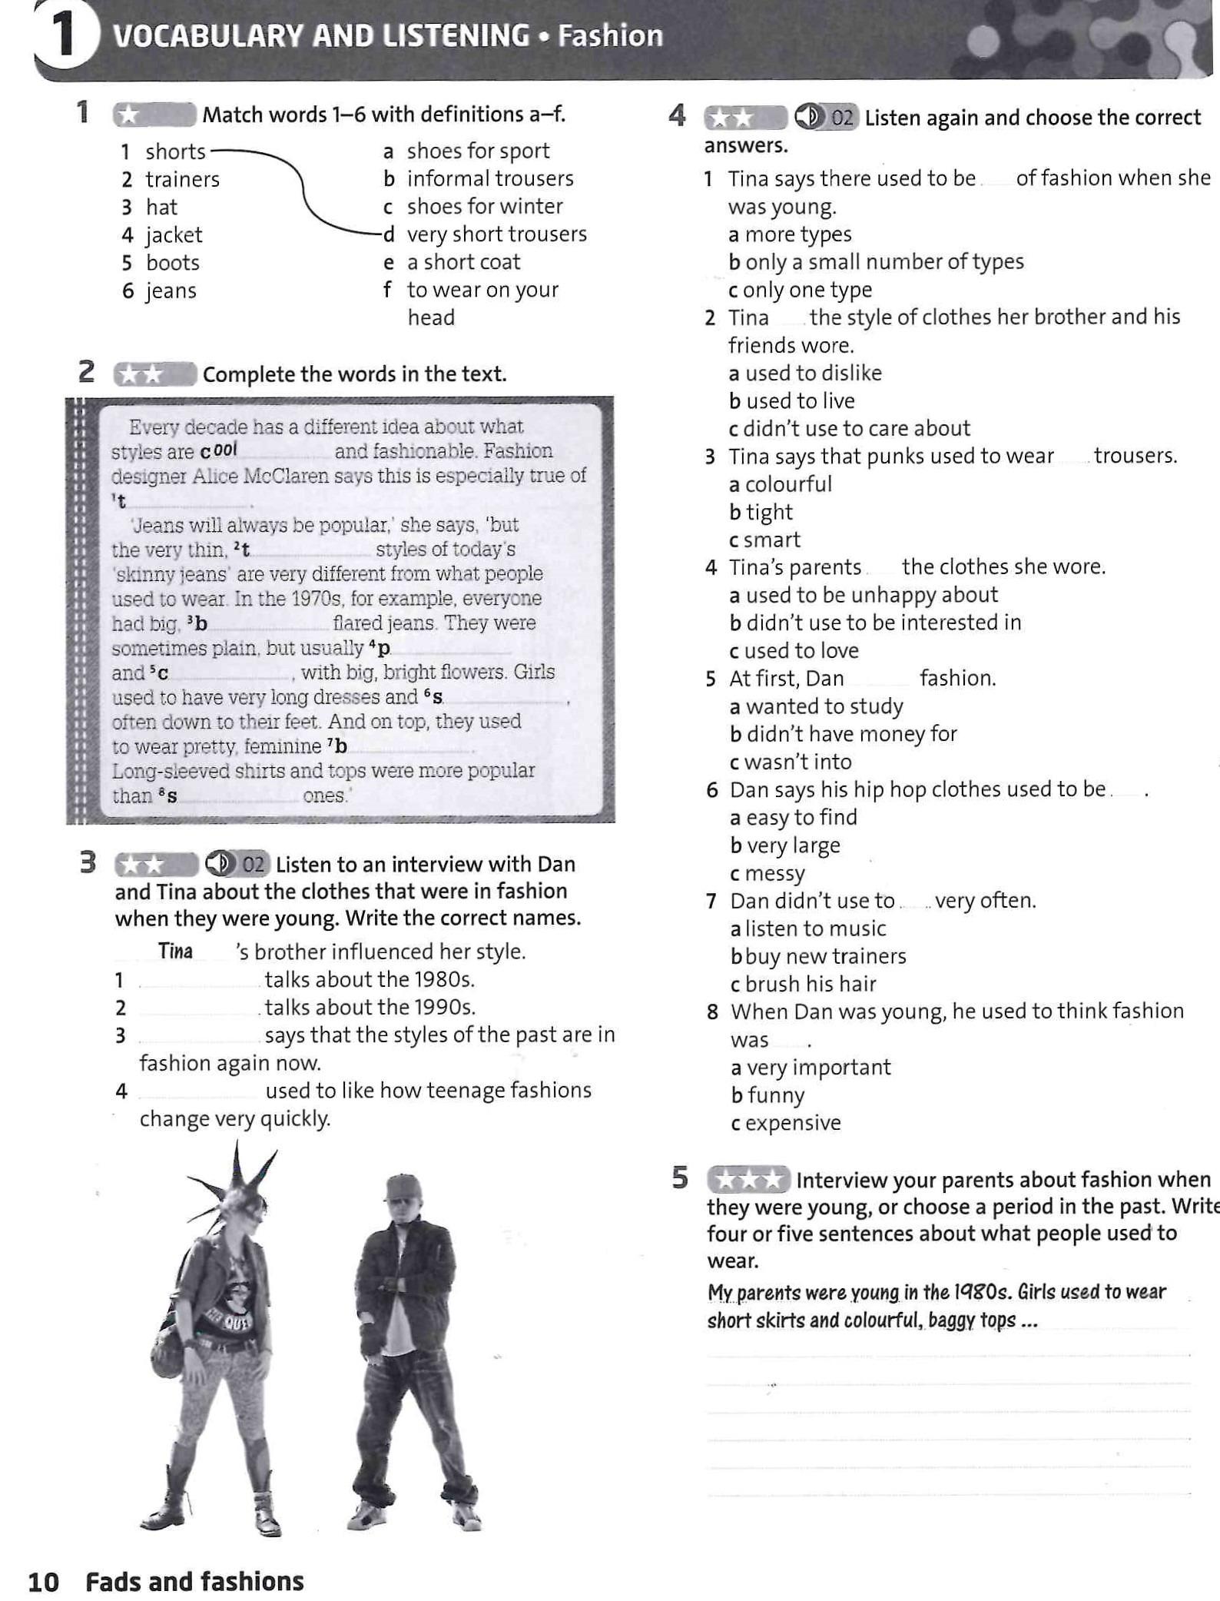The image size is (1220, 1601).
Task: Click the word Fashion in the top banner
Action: [x=610, y=36]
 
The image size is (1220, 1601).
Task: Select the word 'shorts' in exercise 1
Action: [x=175, y=151]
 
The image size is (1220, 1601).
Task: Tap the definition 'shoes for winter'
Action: [x=484, y=207]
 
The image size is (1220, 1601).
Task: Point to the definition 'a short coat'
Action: [x=463, y=262]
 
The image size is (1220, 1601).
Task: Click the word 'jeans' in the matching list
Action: [x=171, y=291]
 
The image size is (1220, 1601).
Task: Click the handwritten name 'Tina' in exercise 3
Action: [x=175, y=951]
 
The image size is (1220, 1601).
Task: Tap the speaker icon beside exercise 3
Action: [x=219, y=864]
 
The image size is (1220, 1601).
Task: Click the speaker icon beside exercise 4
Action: [x=808, y=117]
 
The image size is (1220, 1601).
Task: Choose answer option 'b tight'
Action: [x=761, y=512]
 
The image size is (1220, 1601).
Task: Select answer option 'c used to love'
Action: [x=794, y=650]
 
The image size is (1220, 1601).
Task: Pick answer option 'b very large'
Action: [x=784, y=845]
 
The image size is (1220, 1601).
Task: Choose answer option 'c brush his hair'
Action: [x=803, y=984]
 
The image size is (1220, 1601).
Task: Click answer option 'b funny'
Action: [x=767, y=1095]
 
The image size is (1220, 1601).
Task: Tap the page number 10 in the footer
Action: [x=43, y=1581]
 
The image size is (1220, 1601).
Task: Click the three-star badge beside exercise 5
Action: [x=748, y=1180]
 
